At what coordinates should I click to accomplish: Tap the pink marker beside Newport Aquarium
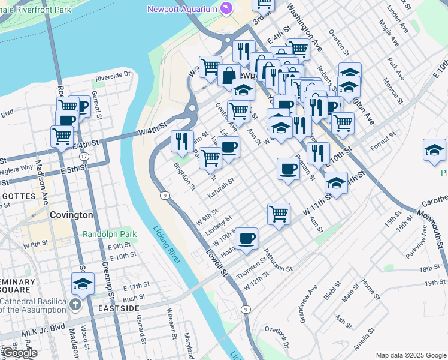tap(226, 8)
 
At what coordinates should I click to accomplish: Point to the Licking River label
tap(167, 244)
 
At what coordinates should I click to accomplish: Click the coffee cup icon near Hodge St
tap(246, 239)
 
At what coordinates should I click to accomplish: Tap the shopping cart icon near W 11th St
tap(279, 213)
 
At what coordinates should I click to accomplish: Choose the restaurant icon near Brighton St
tap(181, 141)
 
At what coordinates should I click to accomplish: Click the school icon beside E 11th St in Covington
tap(83, 284)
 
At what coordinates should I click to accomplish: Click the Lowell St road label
tap(217, 263)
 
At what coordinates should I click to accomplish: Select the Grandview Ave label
tap(306, 305)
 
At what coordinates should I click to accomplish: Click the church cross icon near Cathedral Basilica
tap(75, 304)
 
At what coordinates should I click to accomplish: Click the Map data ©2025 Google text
tap(410, 355)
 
